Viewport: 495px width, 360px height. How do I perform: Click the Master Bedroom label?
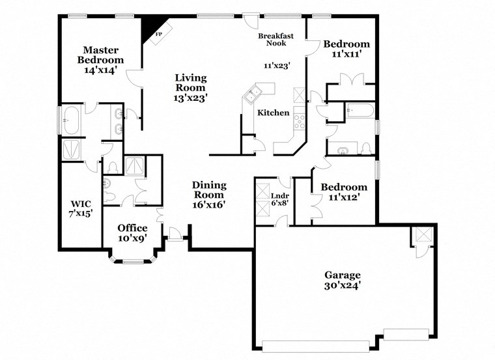pos(100,60)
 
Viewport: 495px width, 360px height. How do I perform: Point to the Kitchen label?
pos(273,113)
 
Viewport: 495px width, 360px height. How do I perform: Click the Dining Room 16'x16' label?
pos(208,195)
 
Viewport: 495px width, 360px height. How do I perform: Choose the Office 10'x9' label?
pos(132,232)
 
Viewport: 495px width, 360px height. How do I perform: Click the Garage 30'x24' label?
pos(343,280)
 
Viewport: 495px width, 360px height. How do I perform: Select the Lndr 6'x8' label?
pos(279,199)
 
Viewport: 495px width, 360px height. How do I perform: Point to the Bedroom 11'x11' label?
pos(346,49)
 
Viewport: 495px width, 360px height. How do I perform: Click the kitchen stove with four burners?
pos(300,120)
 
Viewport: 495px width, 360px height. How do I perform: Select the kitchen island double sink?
pos(251,96)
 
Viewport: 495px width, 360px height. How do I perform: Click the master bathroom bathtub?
pos(70,120)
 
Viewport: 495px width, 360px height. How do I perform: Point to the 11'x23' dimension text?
pos(276,65)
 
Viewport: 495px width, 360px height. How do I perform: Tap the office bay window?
pos(134,262)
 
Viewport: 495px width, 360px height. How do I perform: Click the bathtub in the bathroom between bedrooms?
pos(360,111)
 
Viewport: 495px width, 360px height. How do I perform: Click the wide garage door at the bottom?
pos(317,345)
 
